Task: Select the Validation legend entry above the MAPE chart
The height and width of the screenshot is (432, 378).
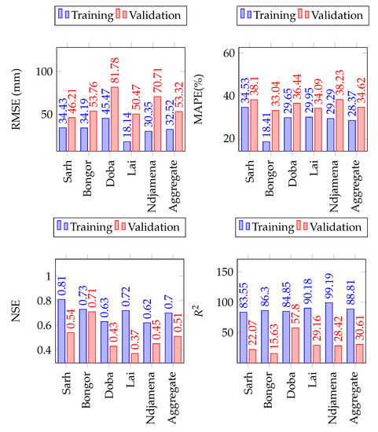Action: click(x=321, y=14)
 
